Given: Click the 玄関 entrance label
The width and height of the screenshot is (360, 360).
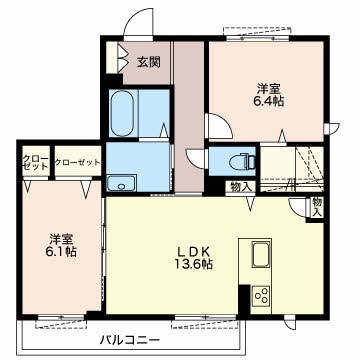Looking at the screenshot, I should coord(149,62).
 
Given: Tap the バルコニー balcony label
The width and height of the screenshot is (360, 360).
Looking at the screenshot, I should coord(131,341).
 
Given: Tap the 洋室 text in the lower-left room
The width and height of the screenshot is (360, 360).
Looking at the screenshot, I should coord(61,236).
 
